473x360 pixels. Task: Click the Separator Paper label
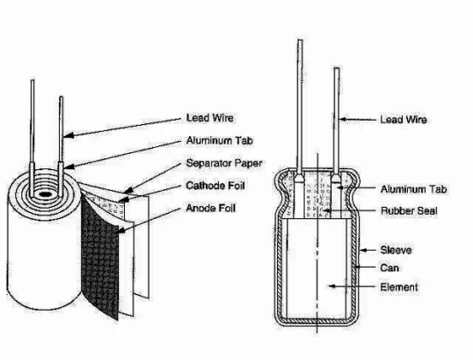click(x=224, y=163)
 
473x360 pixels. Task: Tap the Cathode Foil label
click(x=215, y=186)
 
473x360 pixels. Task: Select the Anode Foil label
click(x=210, y=208)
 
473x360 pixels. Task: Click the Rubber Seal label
click(x=409, y=210)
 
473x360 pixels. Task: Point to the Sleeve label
click(x=396, y=250)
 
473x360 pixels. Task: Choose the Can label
click(x=389, y=268)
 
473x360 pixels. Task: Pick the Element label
click(x=399, y=287)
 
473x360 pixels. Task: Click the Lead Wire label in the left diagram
click(x=210, y=118)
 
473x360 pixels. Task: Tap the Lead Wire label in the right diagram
click(x=404, y=120)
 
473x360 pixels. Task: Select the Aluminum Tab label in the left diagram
click(x=219, y=140)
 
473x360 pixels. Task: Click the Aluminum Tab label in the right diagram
click(x=414, y=189)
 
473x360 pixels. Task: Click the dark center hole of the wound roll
click(x=44, y=194)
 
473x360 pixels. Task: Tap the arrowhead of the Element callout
click(x=332, y=286)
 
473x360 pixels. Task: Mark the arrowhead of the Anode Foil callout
click(x=121, y=230)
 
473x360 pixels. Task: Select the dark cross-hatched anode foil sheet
click(x=99, y=257)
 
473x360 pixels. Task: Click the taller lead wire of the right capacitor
click(x=300, y=109)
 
